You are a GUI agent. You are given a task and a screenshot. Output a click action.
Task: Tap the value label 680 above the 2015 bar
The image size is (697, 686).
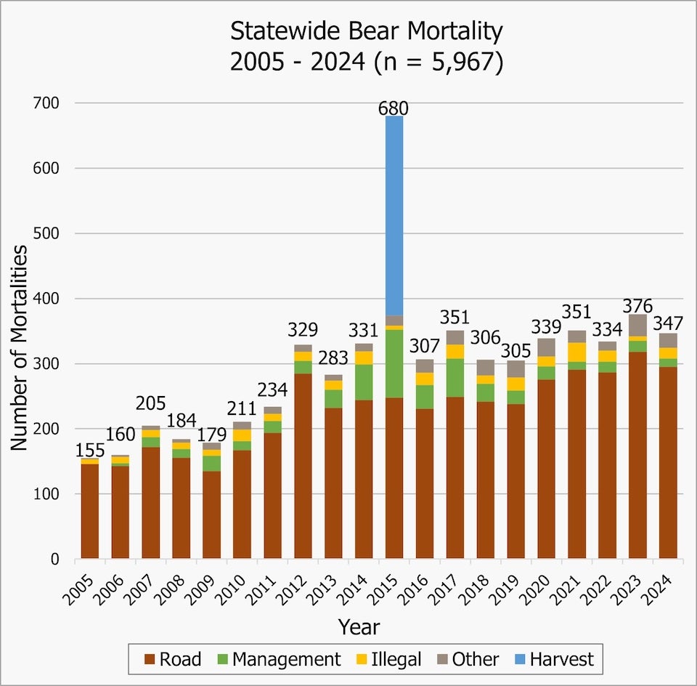pos(394,109)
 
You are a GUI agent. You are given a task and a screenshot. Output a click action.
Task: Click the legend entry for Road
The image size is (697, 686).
pos(173,659)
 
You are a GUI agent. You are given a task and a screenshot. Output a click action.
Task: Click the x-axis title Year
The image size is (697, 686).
pos(358,626)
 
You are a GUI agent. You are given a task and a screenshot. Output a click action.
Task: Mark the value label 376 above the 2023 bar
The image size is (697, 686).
pos(637,305)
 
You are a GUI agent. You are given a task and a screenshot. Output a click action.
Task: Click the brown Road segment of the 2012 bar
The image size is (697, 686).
pos(303,466)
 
